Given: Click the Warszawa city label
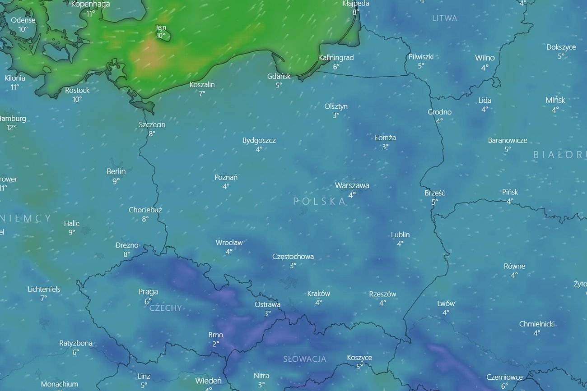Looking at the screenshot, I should (x=352, y=185).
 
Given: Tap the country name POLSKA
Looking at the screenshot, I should (x=320, y=201).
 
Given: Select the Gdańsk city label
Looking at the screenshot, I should (x=279, y=76).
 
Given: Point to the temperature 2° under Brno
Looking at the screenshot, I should (x=216, y=344).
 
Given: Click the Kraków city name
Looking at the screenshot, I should (x=318, y=294).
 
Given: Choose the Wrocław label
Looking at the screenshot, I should (x=229, y=243).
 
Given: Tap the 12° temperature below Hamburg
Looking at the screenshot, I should (x=11, y=128).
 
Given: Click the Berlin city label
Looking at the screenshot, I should (x=116, y=171).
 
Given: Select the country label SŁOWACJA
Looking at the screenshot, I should (x=305, y=359).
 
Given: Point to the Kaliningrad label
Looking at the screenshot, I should (x=336, y=58).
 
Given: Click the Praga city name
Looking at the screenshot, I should (x=148, y=292).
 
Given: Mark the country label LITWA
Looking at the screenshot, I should (x=445, y=18).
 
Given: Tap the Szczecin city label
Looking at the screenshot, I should (x=152, y=124).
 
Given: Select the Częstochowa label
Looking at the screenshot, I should (x=293, y=257).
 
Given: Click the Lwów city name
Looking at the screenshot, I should (x=446, y=304).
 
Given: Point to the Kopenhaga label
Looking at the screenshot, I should (x=90, y=4).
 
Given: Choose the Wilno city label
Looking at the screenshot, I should (x=485, y=58).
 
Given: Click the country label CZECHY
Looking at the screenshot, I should (x=165, y=308).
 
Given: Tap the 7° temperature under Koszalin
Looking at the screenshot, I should (x=202, y=93).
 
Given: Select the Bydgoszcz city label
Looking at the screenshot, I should (x=259, y=140).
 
